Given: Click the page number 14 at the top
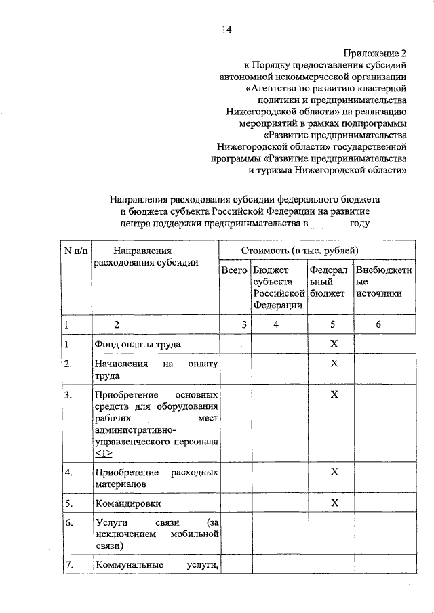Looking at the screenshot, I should point(226,29).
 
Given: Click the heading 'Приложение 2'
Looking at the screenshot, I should point(374,53).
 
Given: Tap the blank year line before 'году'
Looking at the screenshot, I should point(330,223).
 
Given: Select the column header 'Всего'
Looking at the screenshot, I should point(234,270).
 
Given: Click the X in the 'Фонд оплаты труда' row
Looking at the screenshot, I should point(334,345).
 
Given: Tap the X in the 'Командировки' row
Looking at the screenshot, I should point(334,503).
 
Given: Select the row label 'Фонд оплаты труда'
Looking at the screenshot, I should point(138,345).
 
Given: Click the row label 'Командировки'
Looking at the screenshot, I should point(127,503).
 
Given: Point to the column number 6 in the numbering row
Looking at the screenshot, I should point(378,324).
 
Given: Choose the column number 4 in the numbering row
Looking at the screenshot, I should point(276,324).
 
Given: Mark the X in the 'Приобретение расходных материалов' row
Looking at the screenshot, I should point(334,471).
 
